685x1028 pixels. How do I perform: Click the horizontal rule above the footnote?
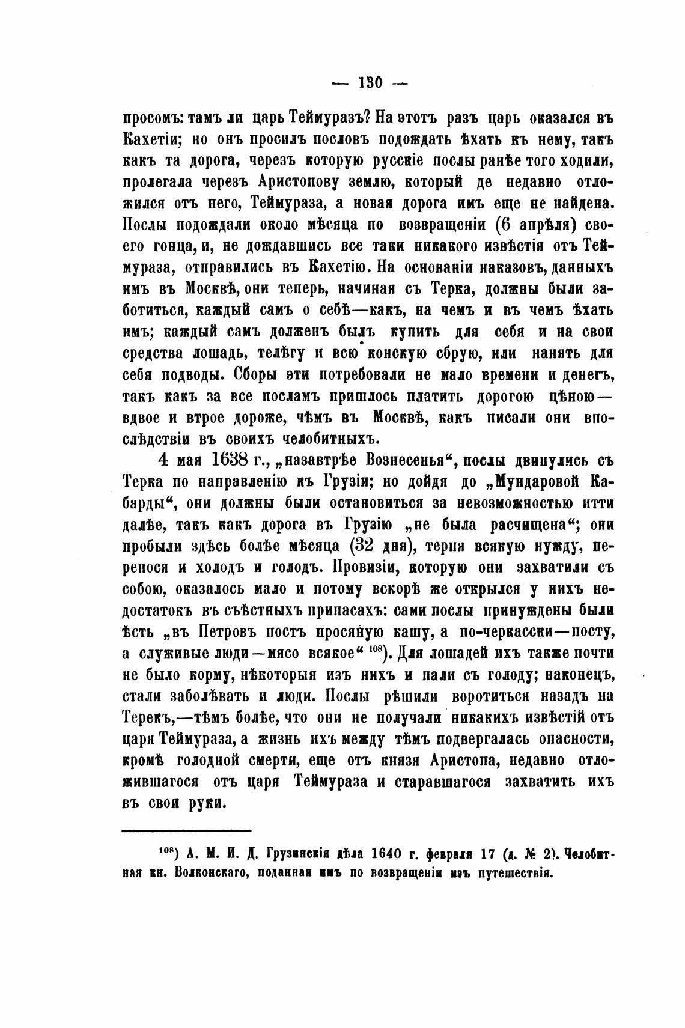186,831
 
